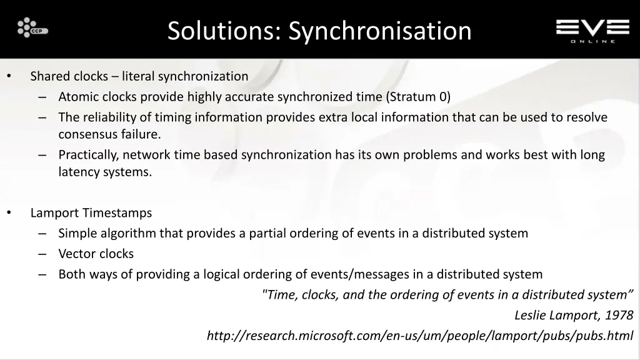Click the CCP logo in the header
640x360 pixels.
[32, 28]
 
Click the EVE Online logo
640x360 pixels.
[592, 29]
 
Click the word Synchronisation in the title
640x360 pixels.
[380, 31]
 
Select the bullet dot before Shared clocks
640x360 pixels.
[9, 76]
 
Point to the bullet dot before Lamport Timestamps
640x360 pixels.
[9, 212]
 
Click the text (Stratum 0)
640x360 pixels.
[418, 97]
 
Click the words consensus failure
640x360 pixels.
[109, 134]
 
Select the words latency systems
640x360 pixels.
[105, 172]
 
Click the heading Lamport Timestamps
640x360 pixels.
[91, 213]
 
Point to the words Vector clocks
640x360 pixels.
[96, 254]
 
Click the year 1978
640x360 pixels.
[619, 315]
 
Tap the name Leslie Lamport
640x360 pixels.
[557, 315]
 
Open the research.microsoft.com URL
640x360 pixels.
[419, 336]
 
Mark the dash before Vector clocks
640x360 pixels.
[42, 254]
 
